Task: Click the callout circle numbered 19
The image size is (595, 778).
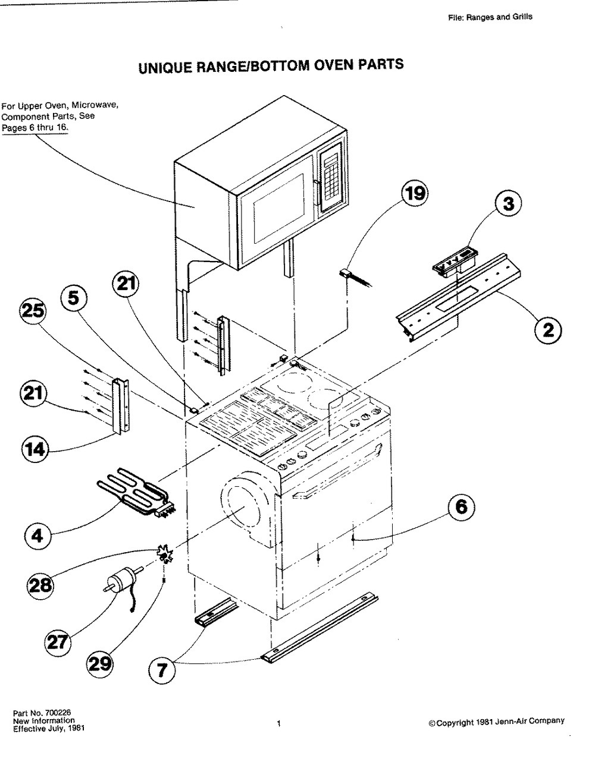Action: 415,194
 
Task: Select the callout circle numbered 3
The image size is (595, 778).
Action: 508,204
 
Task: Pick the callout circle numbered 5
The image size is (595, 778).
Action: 73,298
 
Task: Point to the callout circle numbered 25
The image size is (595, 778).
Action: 33,311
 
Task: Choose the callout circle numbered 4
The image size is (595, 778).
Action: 37,536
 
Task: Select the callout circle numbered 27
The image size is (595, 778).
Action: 58,642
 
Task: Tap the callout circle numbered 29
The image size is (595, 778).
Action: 100,663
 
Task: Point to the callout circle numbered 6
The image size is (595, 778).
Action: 461,507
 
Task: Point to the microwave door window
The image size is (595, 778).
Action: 279,209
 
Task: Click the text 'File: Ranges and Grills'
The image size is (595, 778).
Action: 490,17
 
